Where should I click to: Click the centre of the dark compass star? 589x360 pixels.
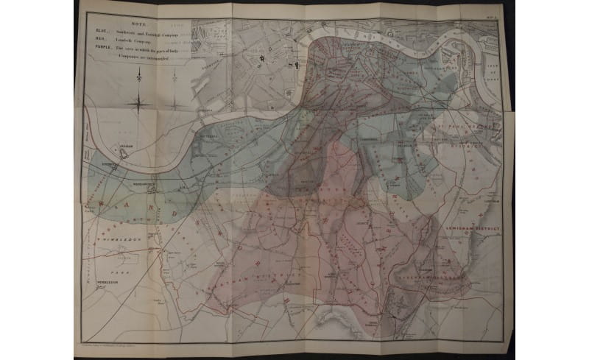coord(138,102)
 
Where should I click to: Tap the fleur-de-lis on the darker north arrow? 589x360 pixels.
coord(138,79)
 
